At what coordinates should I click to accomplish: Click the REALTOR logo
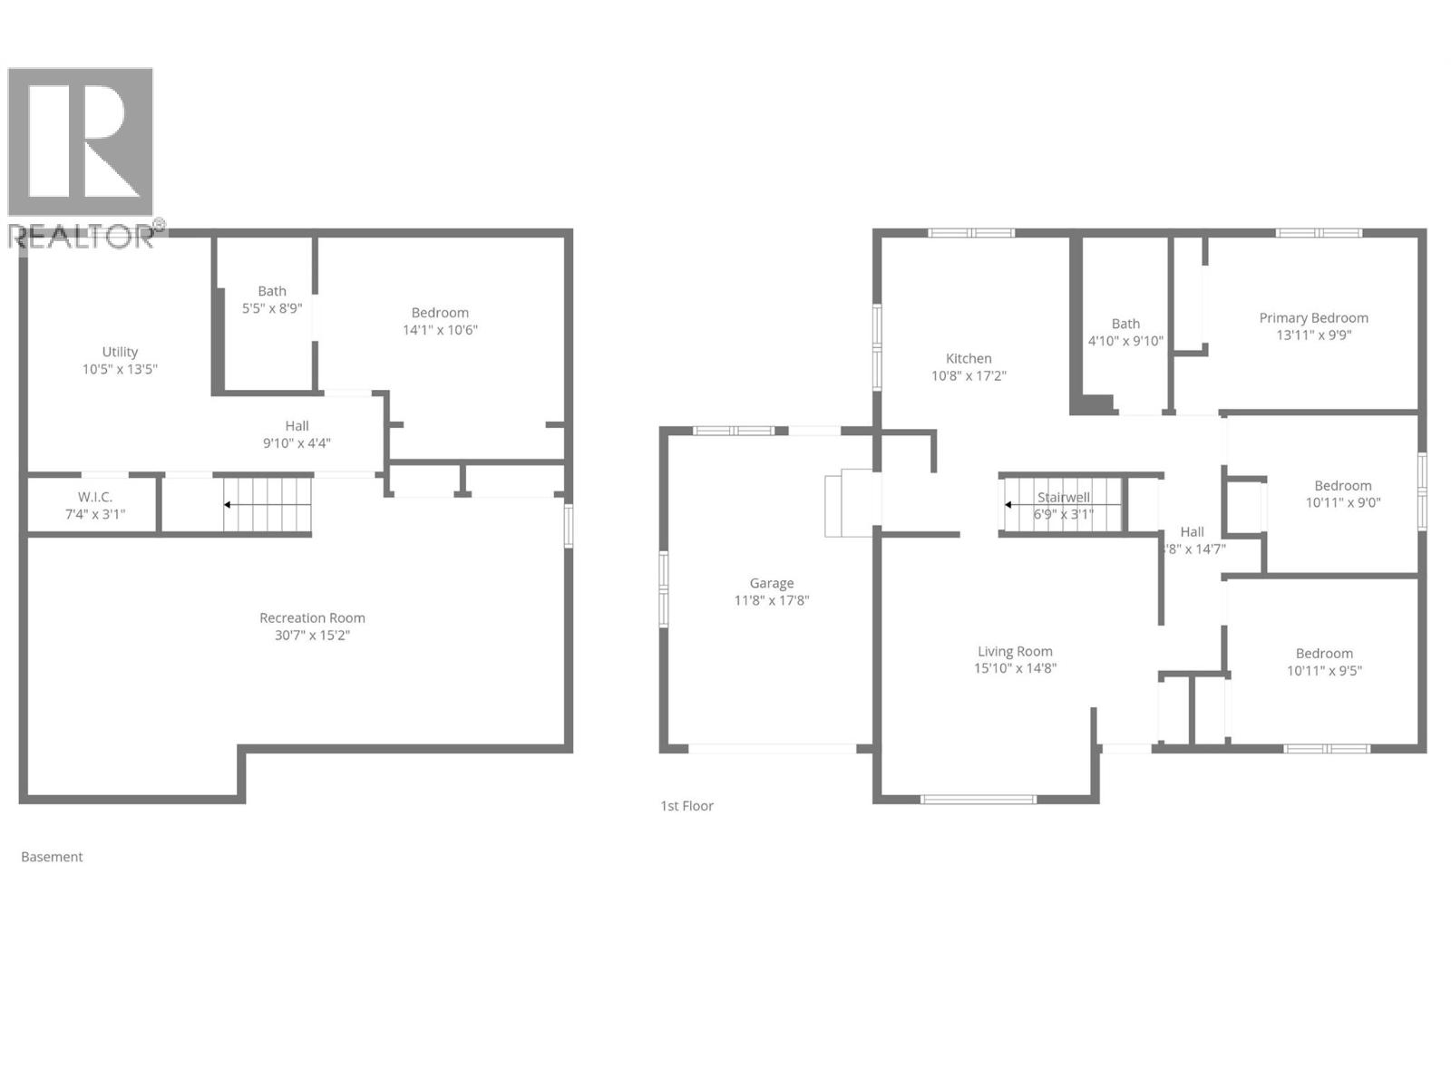82,154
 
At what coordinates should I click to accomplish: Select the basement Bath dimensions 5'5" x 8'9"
271,308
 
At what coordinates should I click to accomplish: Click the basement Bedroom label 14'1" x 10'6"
440,321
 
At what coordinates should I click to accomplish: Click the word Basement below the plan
52,857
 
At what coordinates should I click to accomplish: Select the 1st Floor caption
687,806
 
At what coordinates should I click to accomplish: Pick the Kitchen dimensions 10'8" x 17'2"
969,375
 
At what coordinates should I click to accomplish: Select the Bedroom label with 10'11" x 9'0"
1343,494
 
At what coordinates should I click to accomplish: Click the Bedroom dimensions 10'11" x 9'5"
1324,671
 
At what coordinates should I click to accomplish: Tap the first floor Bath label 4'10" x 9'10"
1125,333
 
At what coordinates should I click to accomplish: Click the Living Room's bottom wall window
979,800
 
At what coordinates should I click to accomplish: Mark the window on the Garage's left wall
664,589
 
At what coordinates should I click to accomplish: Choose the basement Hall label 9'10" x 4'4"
297,434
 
